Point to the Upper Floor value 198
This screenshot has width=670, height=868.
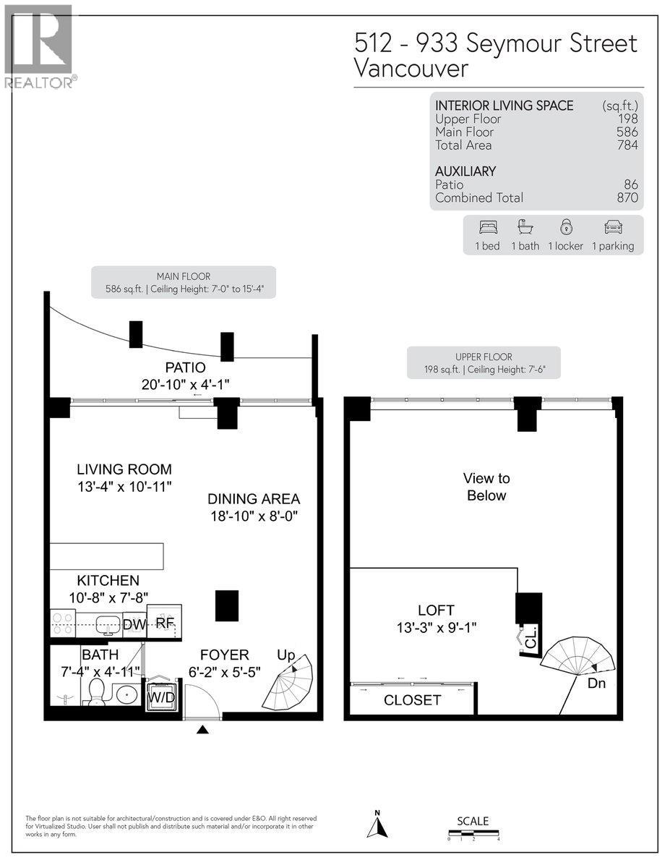click(x=627, y=119)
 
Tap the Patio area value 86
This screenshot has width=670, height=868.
click(x=631, y=185)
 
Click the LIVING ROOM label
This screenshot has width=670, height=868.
click(x=124, y=469)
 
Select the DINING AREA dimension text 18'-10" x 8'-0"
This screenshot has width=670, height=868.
click(x=253, y=516)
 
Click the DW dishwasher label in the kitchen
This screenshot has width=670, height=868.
click(x=134, y=624)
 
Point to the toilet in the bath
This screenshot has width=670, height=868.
click(x=95, y=693)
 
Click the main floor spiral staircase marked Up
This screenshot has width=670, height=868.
click(x=288, y=684)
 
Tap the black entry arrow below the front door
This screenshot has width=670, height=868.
click(x=203, y=730)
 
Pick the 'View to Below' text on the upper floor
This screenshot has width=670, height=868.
click(x=486, y=487)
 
